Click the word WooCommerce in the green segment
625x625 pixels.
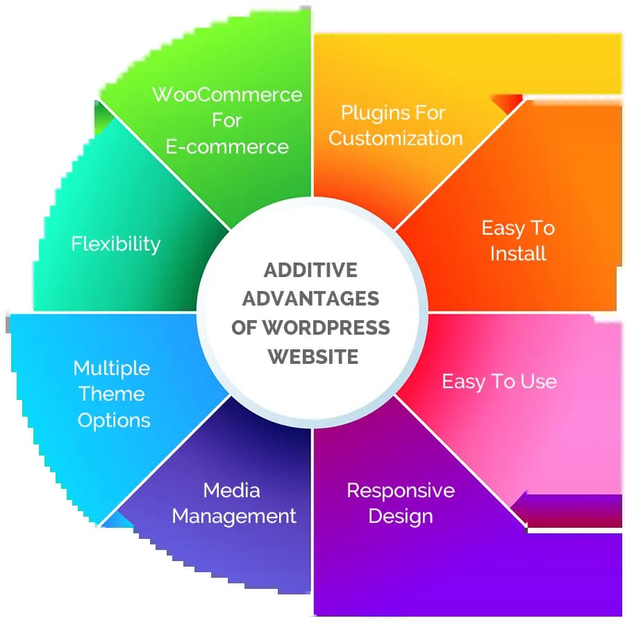227,94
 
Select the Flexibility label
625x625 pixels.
116,244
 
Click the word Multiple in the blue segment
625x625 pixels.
112,367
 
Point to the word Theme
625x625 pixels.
112,394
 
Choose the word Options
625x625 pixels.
114,420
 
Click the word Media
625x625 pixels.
232,490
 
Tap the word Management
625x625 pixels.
234,516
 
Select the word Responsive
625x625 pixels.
401,490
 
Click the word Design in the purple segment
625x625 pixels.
401,516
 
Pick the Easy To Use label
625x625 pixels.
499,381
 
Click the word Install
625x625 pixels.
518,253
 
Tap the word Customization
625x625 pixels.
396,137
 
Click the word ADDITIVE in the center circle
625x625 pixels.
310,270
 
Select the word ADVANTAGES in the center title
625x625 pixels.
310,299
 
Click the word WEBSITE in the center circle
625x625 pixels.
313,357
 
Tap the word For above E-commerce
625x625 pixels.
227,120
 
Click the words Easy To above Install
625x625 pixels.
518,228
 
